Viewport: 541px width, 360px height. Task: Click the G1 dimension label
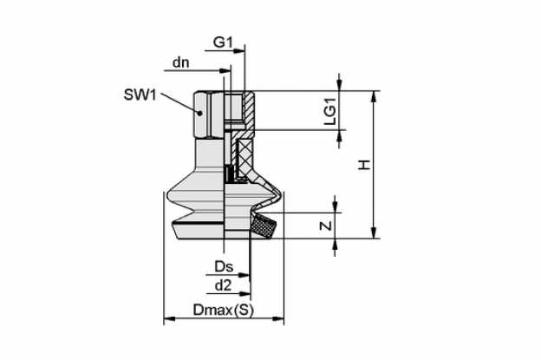[x=223, y=43]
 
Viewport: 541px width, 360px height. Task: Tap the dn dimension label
[x=181, y=62]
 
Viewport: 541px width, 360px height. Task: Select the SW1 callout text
[x=140, y=95]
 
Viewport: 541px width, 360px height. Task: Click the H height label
[x=365, y=165]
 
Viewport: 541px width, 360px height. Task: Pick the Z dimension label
[x=326, y=226]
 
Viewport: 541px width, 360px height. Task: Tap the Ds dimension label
[x=224, y=266]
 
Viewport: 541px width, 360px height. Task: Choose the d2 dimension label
[x=223, y=285]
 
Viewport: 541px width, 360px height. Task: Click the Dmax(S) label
[x=223, y=310]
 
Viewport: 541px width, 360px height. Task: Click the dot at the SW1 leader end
[x=199, y=113]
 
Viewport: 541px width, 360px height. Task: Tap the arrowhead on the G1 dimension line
[x=238, y=50]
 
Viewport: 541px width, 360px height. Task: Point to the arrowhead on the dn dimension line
[x=225, y=71]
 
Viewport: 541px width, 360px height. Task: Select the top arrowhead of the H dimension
[x=374, y=96]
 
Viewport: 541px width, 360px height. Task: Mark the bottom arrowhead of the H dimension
[x=374, y=232]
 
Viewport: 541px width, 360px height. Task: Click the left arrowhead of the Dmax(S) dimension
[x=169, y=318]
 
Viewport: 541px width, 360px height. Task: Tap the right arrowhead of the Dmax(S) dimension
[x=278, y=318]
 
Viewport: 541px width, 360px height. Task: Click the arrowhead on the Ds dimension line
[x=244, y=275]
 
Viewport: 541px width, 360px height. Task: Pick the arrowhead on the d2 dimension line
[x=245, y=294]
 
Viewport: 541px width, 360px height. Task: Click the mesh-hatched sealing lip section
[x=264, y=226]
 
